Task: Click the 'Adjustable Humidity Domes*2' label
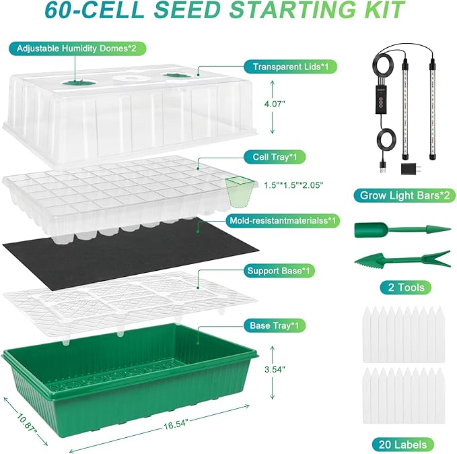point(76,48)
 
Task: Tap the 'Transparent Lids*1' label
point(290,67)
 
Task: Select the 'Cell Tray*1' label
point(275,157)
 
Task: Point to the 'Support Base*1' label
point(279,271)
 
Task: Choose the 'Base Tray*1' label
point(274,325)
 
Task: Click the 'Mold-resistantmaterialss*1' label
point(283,220)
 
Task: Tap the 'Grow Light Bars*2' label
point(405,195)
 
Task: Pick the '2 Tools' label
point(406,288)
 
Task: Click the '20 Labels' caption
point(402,445)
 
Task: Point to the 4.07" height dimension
point(274,104)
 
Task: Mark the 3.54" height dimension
point(275,369)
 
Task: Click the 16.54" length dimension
point(176,424)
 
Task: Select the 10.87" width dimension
point(27,422)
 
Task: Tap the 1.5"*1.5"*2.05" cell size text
point(293,185)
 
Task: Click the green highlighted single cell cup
point(239,192)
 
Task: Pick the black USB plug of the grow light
point(383,168)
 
